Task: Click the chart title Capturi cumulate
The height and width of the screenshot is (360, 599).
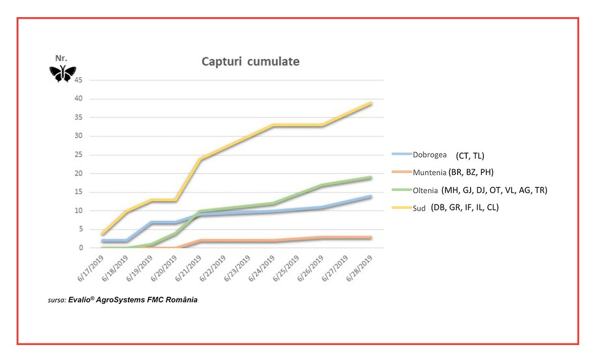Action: pos(250,62)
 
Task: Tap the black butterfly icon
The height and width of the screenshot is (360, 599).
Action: pos(63,74)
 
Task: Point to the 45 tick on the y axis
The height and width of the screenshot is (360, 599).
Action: pos(79,80)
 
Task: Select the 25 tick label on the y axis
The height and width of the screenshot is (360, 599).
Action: pos(79,155)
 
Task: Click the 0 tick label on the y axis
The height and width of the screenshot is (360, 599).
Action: pos(81,248)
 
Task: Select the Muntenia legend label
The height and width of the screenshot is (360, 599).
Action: pos(429,172)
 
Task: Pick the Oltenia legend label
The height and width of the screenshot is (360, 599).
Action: pos(426,190)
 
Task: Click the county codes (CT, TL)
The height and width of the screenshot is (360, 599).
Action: pos(470,156)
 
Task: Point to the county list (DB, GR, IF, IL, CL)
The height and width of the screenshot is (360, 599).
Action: pos(465,208)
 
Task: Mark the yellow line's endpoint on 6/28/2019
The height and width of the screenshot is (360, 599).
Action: pos(371,103)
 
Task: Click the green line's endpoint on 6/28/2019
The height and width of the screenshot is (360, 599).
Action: pos(371,178)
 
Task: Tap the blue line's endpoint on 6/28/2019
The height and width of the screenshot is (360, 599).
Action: pos(371,196)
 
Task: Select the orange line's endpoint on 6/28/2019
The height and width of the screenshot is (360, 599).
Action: pos(371,238)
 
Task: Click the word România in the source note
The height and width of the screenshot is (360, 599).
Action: pos(181,300)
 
